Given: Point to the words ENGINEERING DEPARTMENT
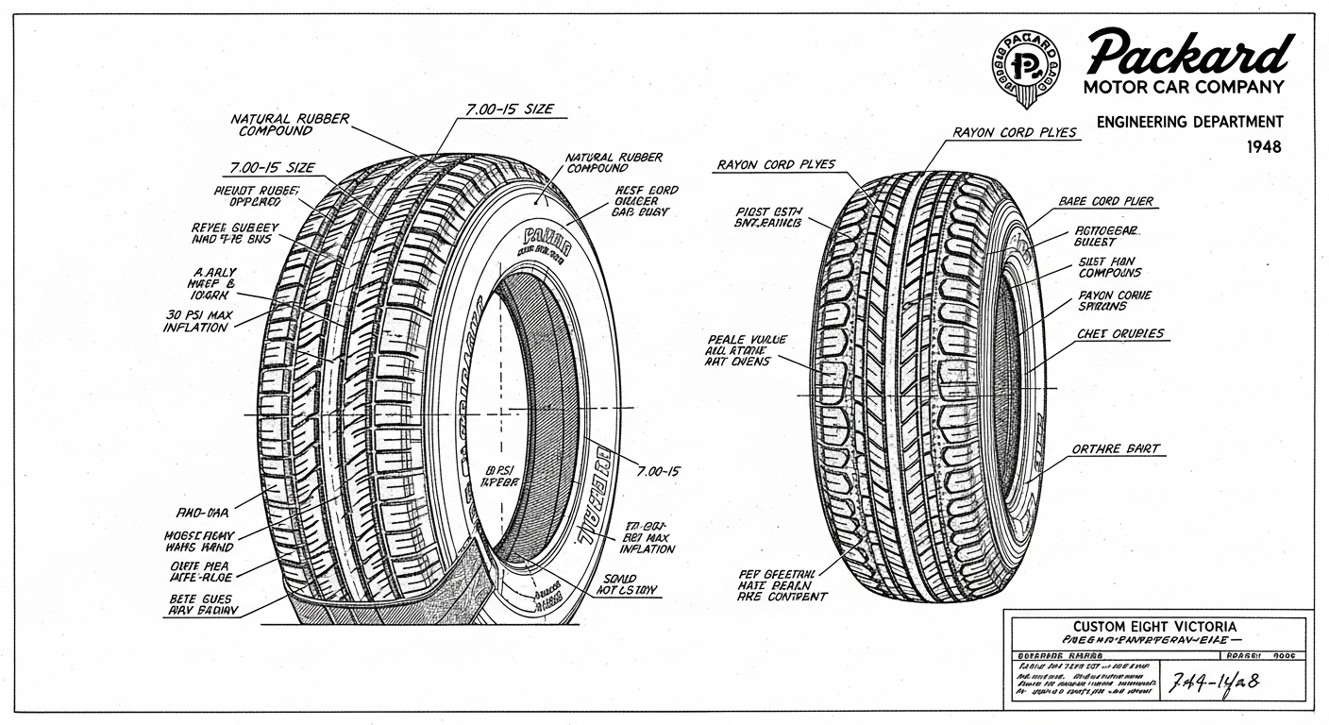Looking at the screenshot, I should (1189, 122).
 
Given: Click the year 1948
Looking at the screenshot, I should (1264, 147).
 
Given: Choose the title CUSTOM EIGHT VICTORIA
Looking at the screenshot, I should (1155, 627).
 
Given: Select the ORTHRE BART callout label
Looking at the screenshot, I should (1116, 449).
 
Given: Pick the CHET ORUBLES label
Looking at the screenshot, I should (1120, 334).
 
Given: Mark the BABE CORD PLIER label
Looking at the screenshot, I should (1105, 202).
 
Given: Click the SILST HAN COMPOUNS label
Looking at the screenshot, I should (1109, 266).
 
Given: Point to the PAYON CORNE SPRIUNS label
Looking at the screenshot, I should (1114, 301).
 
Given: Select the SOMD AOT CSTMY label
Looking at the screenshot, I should (627, 585).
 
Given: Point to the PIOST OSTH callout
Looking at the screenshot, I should (767, 217).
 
